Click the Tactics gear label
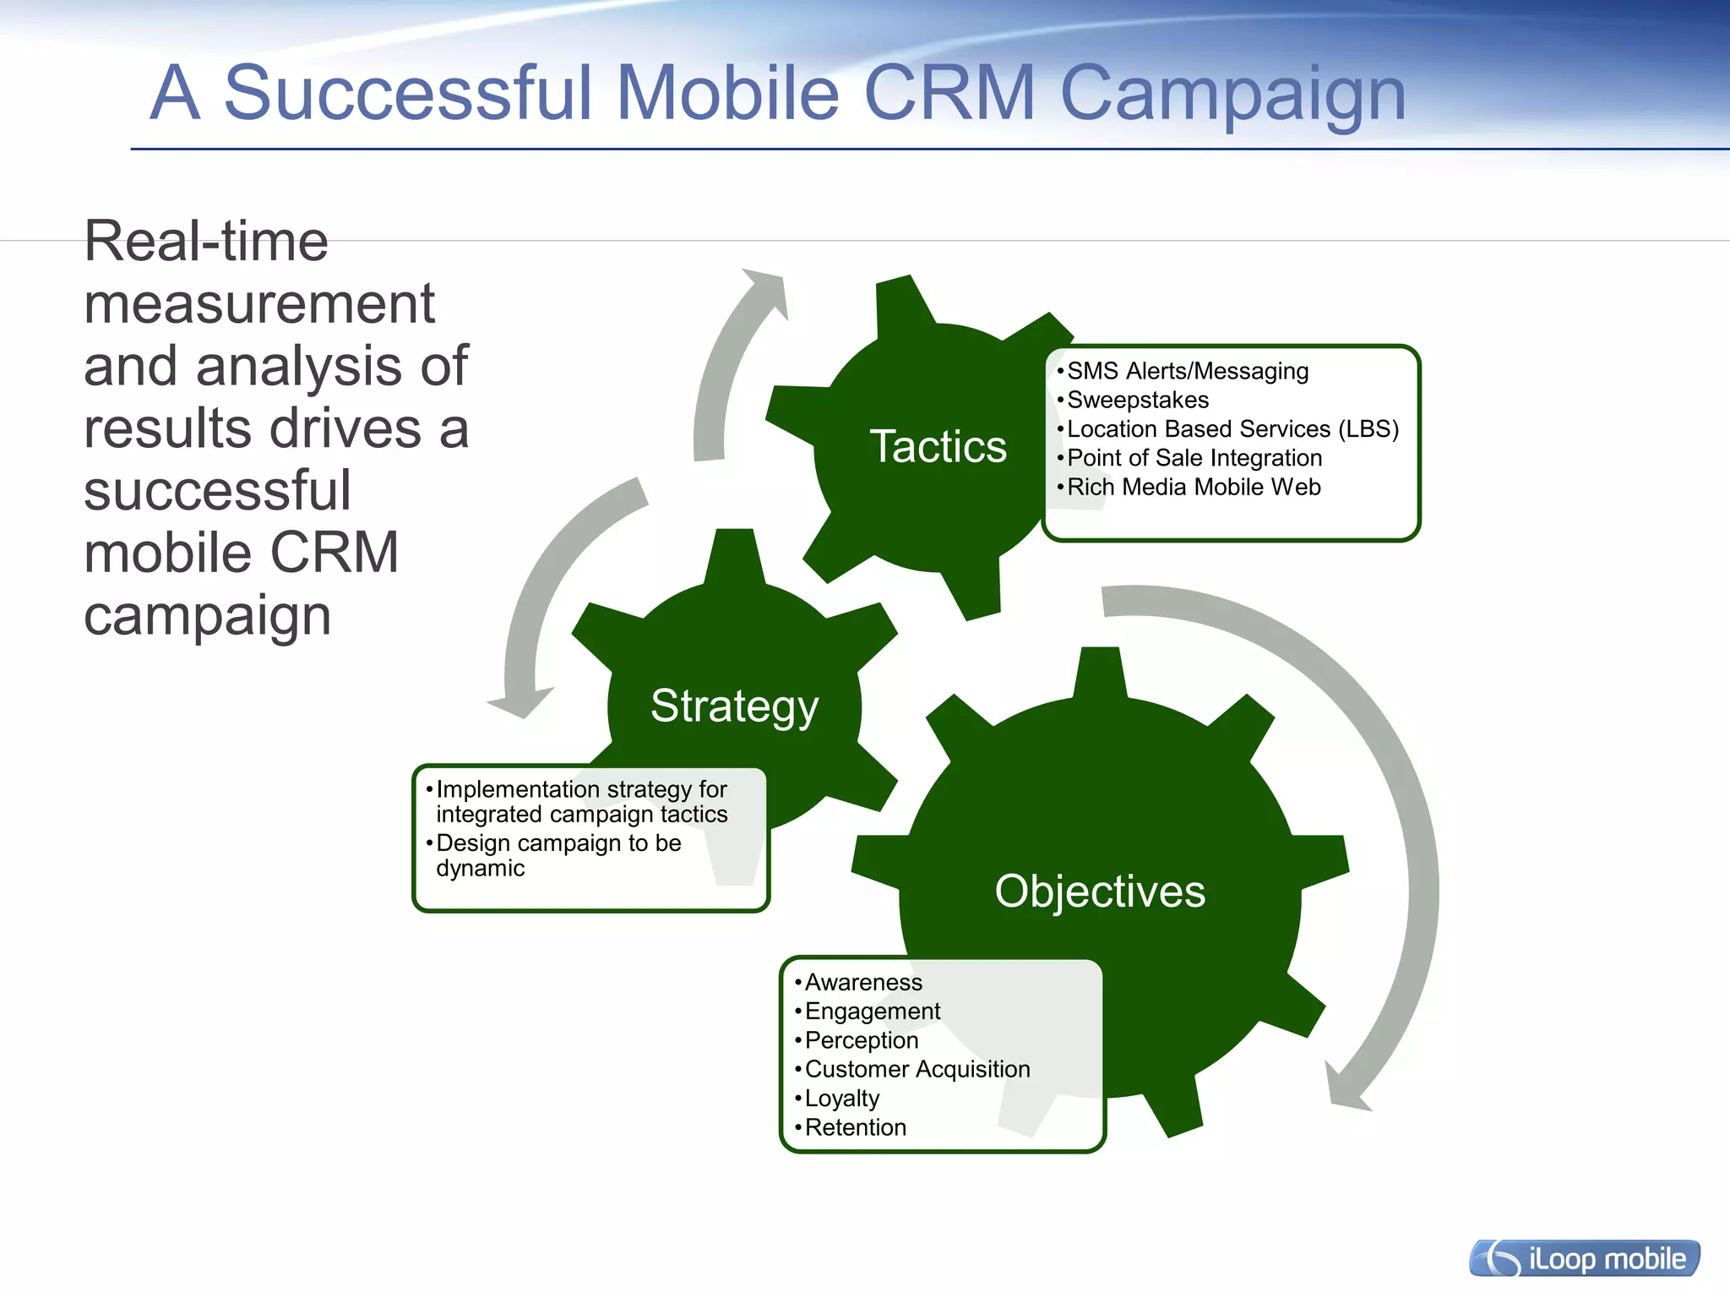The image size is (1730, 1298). [938, 446]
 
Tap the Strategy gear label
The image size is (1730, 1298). [734, 706]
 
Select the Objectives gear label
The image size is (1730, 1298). [1099, 892]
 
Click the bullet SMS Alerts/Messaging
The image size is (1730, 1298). [1187, 371]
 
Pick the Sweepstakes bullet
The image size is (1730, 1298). [1137, 400]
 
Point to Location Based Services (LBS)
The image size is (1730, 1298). [1232, 429]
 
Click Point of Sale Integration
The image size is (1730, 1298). [1194, 458]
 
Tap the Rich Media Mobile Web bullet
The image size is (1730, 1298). [1193, 488]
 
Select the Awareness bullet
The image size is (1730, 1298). [862, 983]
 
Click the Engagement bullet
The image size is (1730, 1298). [872, 1012]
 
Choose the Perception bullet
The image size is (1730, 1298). [861, 1040]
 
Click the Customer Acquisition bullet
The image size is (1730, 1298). [917, 1070]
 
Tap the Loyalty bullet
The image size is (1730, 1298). [841, 1099]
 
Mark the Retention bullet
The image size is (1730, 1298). [855, 1128]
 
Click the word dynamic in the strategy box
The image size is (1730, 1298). [480, 869]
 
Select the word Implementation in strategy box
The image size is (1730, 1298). [518, 789]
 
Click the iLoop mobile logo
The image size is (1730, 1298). [1584, 1259]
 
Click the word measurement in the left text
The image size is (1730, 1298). [259, 304]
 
